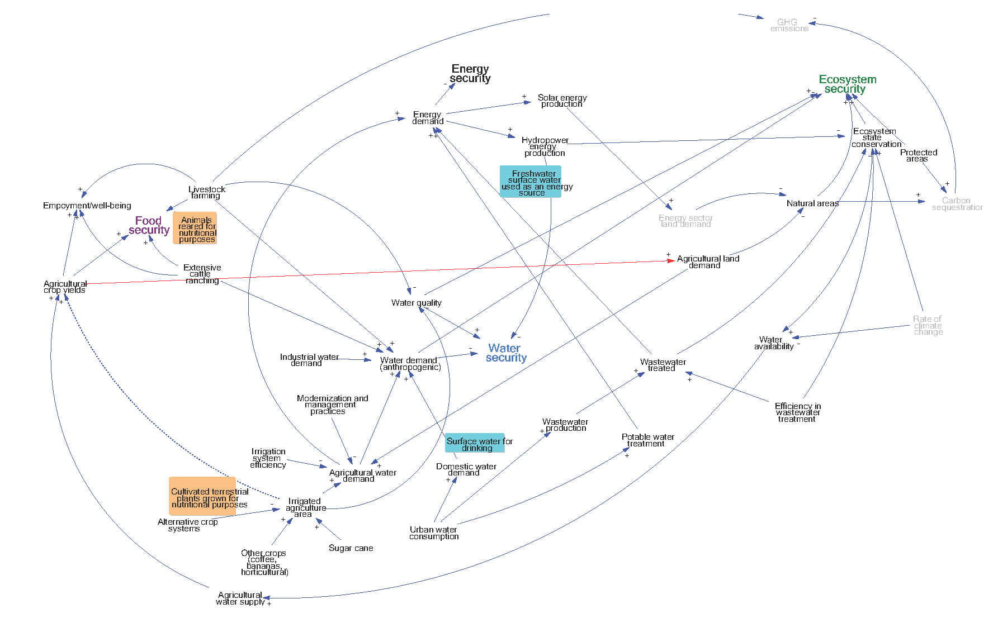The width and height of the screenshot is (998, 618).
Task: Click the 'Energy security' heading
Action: [470, 74]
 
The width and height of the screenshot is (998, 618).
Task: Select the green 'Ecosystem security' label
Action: [847, 84]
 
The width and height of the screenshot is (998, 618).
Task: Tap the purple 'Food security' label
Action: [149, 225]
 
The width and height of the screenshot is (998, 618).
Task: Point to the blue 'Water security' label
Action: [505, 353]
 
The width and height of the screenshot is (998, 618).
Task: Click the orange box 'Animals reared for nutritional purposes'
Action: [195, 229]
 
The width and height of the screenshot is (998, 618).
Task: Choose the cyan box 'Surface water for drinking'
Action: [476, 444]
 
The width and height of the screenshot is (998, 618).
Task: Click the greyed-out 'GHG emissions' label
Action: [789, 26]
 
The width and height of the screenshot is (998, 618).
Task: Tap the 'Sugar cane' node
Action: [351, 548]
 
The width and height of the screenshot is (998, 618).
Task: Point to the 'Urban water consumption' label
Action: [434, 533]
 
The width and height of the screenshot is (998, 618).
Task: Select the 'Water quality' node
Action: [416, 303]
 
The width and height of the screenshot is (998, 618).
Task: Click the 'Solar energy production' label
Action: [562, 101]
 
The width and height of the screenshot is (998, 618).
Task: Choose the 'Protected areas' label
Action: [918, 155]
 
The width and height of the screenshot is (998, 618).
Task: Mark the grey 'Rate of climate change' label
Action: [928, 325]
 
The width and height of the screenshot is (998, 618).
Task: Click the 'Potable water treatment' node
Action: [647, 440]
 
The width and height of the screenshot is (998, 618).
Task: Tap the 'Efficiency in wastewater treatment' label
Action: [797, 412]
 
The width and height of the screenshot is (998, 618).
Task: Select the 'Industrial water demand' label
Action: [309, 360]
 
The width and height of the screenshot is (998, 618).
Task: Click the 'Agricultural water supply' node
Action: [240, 598]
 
